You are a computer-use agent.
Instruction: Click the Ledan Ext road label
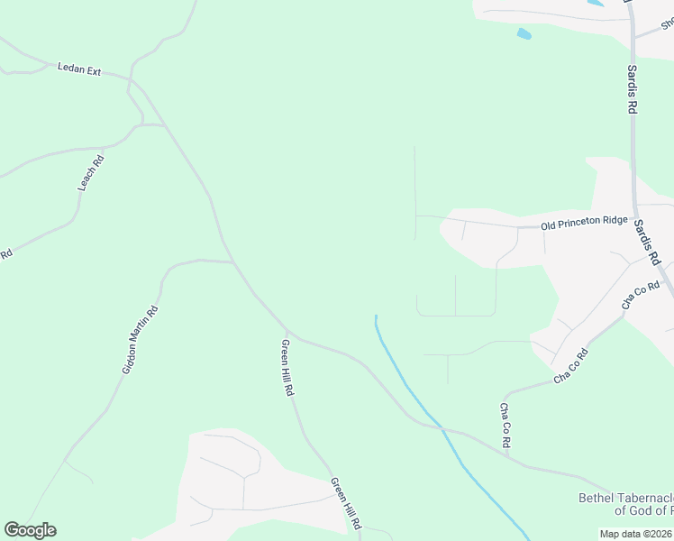[x=79, y=68]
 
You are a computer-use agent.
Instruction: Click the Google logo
[x=30, y=530]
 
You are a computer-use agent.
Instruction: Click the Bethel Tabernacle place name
[x=624, y=498]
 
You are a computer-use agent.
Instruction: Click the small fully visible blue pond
[x=524, y=34]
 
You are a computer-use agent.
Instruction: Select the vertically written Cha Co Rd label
[x=505, y=426]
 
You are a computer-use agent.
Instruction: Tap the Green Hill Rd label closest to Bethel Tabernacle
[x=345, y=503]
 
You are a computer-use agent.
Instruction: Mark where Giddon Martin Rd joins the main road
[x=233, y=262]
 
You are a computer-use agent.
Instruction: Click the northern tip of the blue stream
[x=375, y=316]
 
